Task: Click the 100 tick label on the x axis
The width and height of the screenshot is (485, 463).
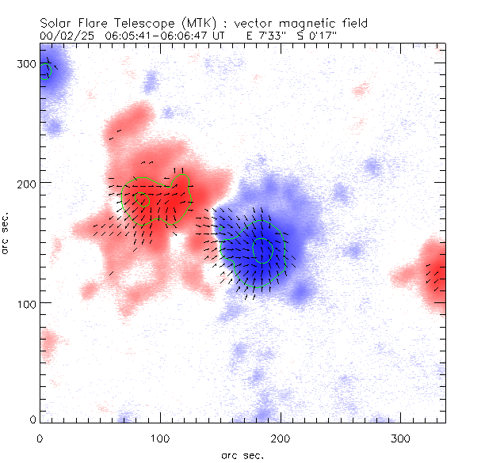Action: point(160,438)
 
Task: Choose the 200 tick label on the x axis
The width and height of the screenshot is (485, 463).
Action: point(281,438)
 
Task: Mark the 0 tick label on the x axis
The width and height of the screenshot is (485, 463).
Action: point(40,438)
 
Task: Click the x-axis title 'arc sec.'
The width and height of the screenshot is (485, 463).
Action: point(242,455)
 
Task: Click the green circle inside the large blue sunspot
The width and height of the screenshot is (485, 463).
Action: point(262,250)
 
